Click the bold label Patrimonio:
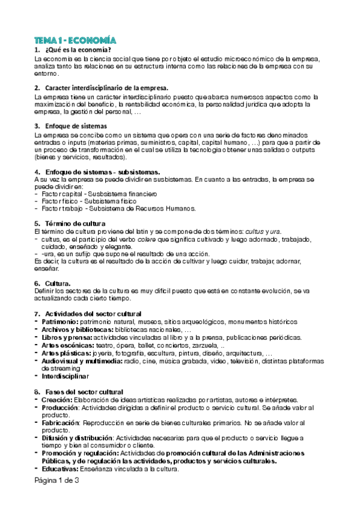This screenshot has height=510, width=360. click(59, 322)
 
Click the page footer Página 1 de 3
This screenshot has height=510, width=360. click(56, 481)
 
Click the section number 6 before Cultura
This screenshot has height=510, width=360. click(37, 283)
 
